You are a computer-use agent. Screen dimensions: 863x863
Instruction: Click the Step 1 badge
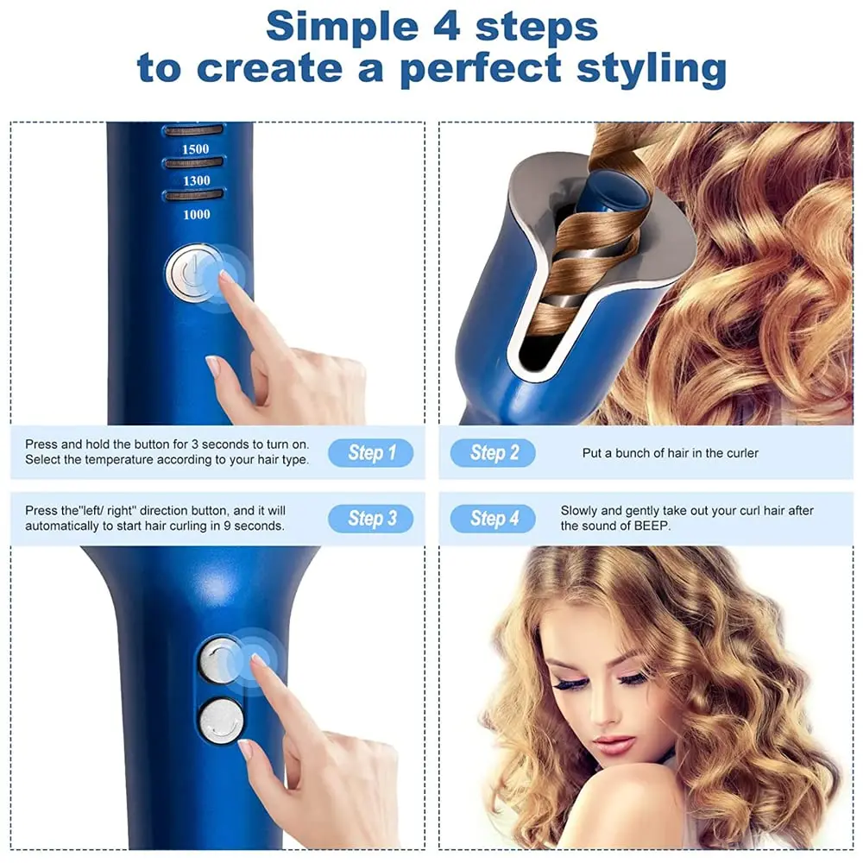(370, 453)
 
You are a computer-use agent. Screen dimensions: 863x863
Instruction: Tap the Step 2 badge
(493, 453)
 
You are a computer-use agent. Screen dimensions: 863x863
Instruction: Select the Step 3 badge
(370, 519)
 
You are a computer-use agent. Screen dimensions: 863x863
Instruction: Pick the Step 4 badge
(493, 519)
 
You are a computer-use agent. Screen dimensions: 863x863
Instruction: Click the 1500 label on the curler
(195, 149)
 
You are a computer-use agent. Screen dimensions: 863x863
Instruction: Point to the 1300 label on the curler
(197, 181)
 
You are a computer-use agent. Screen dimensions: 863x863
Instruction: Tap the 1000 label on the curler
(197, 215)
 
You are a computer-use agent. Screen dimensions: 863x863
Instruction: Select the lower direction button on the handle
(221, 721)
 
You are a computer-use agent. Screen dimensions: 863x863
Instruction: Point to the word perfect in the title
(481, 69)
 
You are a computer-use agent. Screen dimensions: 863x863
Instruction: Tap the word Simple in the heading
(342, 27)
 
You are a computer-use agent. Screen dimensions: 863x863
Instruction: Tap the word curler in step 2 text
(742, 454)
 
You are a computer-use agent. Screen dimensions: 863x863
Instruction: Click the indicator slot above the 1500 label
(193, 130)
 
